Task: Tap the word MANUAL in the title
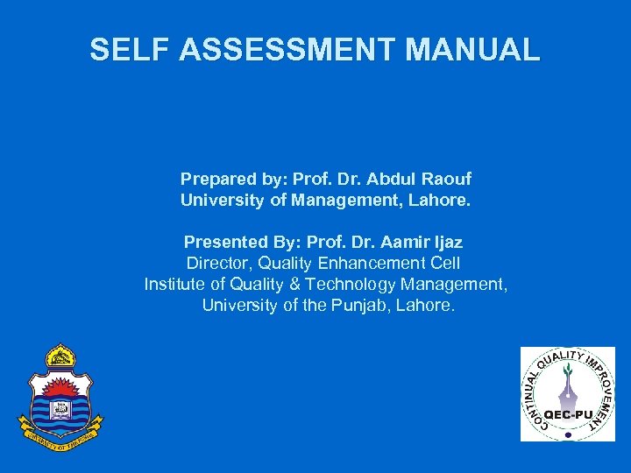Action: click(x=472, y=50)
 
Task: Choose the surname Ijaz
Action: click(x=447, y=242)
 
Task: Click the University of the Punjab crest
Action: click(x=60, y=394)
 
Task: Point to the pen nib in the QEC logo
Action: click(x=568, y=382)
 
